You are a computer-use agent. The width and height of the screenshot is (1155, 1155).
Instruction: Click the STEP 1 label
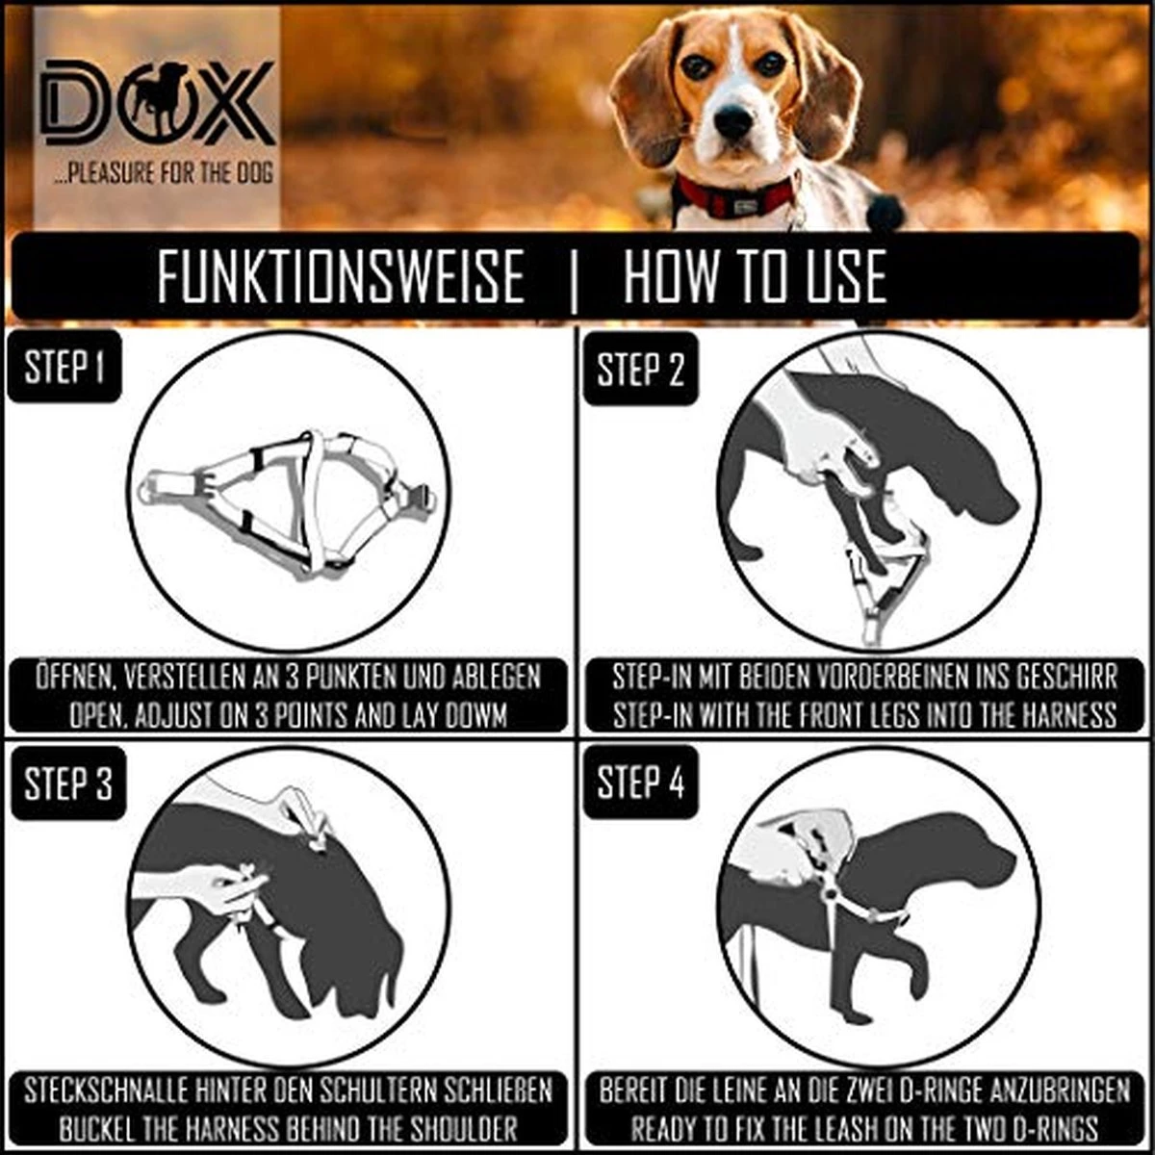click(x=64, y=367)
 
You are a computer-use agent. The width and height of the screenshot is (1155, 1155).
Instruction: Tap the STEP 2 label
click(x=640, y=370)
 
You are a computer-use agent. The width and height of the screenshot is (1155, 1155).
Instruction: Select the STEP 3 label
click(x=67, y=783)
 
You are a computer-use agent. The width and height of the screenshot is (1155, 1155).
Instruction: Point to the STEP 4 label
click(x=640, y=783)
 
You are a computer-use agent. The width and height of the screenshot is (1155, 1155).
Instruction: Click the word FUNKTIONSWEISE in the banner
click(x=341, y=277)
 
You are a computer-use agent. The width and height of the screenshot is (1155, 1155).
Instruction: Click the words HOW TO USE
click(x=755, y=277)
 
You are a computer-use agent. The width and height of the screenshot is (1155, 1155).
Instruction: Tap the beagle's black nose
click(x=733, y=121)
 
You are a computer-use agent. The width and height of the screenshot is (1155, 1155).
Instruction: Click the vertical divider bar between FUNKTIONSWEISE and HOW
click(x=575, y=279)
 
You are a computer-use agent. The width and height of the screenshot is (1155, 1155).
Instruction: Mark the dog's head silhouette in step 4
click(x=972, y=857)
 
